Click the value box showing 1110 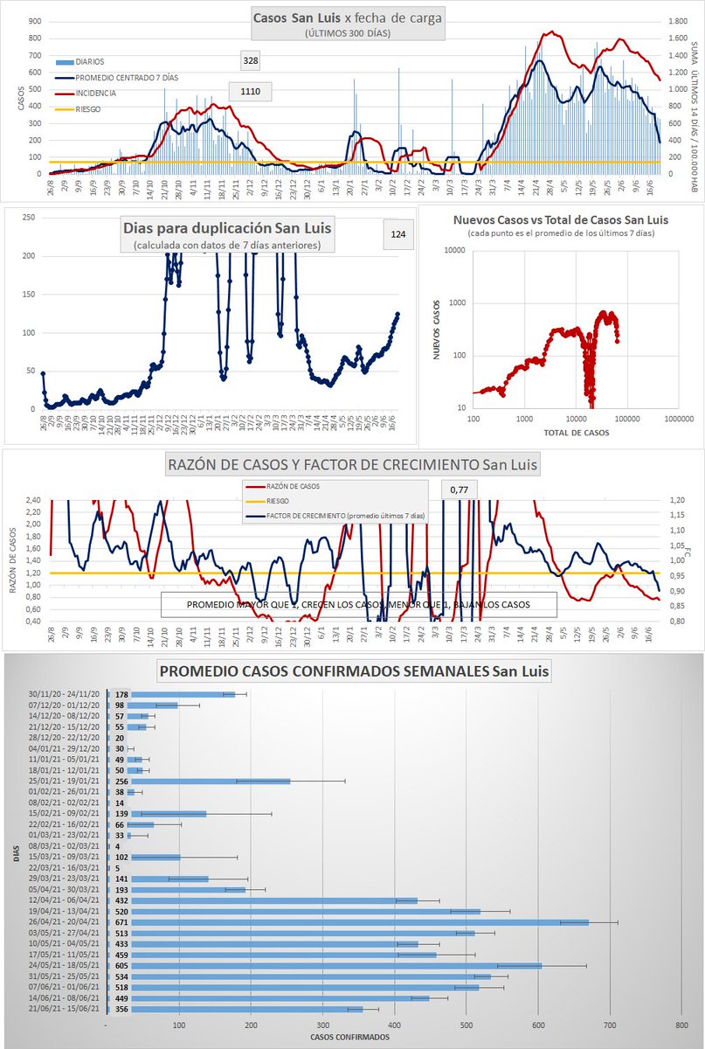(x=251, y=91)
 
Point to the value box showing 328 (x=251, y=60)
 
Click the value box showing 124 (x=398, y=233)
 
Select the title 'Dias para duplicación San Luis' (x=227, y=229)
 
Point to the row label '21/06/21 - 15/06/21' (x=62, y=1008)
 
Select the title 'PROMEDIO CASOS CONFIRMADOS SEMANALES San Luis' (x=354, y=672)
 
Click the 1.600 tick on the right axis (x=678, y=38)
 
